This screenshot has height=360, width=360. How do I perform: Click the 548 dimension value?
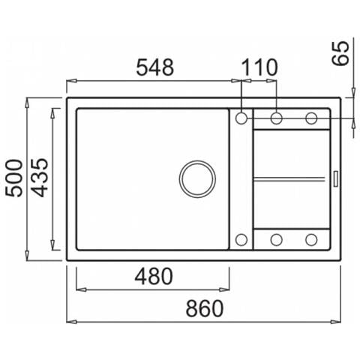tap(154, 67)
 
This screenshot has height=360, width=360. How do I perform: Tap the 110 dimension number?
tap(260, 67)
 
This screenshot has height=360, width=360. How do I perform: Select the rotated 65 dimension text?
tap(340, 53)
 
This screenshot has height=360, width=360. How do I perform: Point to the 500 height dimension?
tap(14, 178)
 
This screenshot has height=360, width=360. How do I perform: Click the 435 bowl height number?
tap(40, 178)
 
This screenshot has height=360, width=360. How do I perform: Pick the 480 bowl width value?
tap(154, 277)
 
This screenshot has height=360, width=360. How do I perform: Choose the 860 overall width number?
tap(205, 308)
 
